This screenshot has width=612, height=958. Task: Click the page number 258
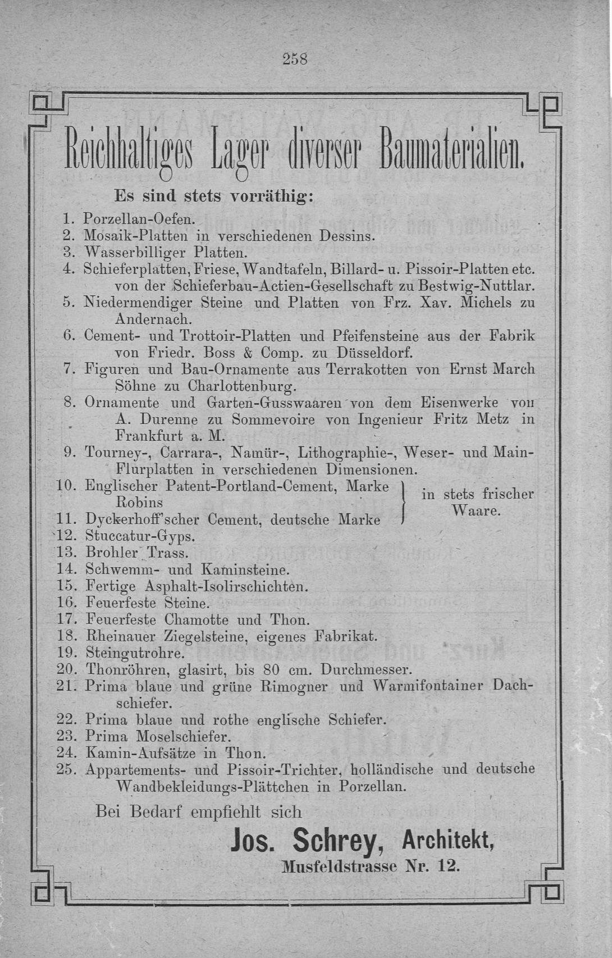296,58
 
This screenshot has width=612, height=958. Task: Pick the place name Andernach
153,320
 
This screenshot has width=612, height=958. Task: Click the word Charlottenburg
241,387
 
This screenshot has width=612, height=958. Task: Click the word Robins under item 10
139,501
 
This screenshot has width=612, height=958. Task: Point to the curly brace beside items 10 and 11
404,503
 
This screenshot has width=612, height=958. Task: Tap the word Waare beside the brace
476,512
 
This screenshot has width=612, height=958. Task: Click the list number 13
66,553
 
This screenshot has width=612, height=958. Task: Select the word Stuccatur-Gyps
140,536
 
